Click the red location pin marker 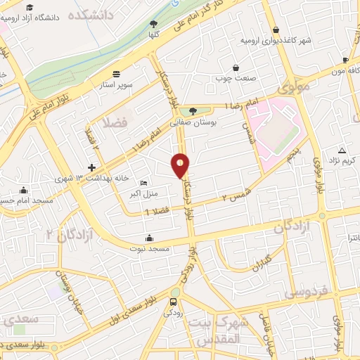point(181,166)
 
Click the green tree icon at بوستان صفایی point(193,110)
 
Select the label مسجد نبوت point(148,247)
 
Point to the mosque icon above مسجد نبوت point(148,237)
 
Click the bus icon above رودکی point(173,302)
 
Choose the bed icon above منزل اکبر point(144,183)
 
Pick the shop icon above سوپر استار point(115,73)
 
